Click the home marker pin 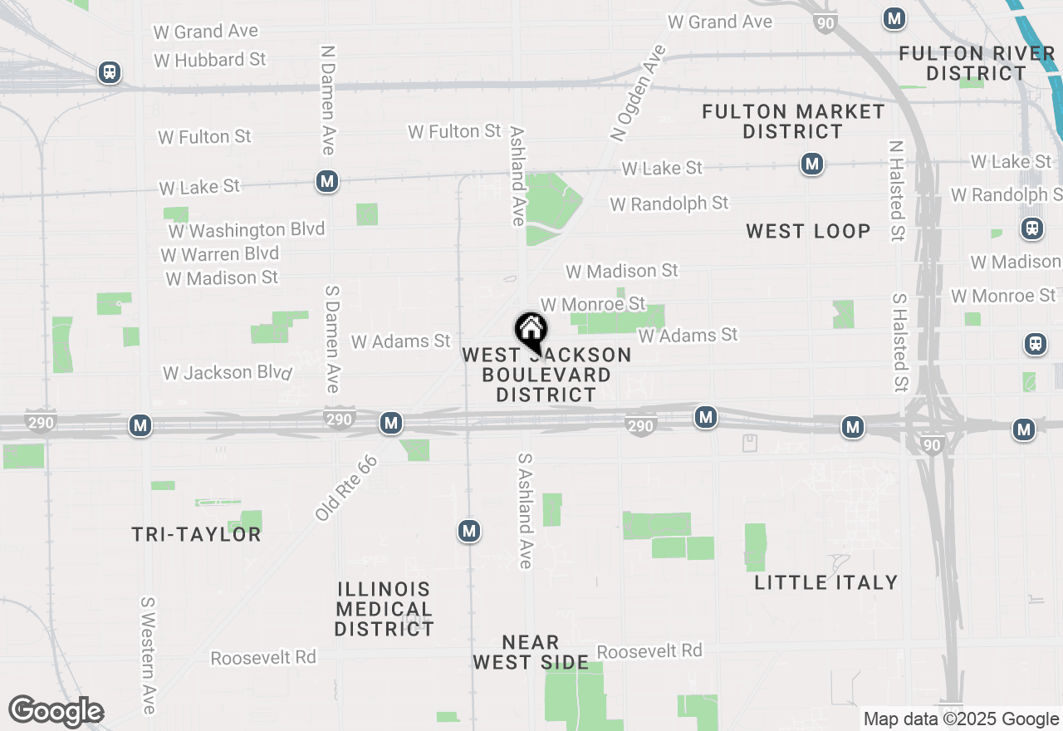click(531, 330)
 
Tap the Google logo click(56, 711)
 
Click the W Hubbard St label click(210, 60)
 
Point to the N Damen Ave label click(327, 99)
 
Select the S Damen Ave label click(332, 339)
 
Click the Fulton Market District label click(793, 121)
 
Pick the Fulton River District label click(977, 63)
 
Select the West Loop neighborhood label click(808, 231)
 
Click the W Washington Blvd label click(247, 229)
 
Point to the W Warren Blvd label click(220, 253)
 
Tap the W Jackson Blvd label click(228, 372)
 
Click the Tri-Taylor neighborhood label click(197, 534)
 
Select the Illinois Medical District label click(384, 609)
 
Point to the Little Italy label click(826, 582)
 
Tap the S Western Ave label click(149, 655)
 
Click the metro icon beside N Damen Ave click(327, 181)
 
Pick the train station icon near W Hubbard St click(109, 72)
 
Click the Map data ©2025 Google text click(961, 719)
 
